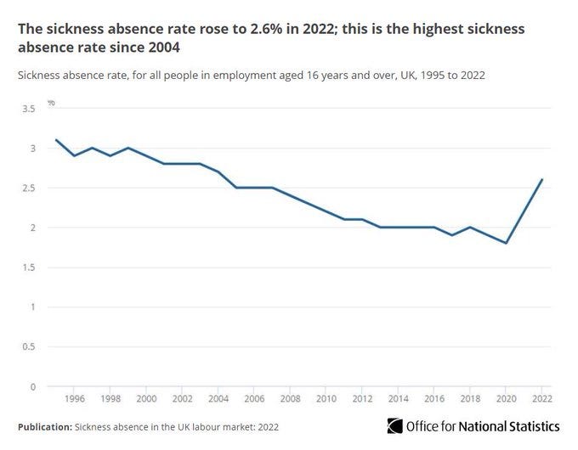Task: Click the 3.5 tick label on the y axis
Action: click(30, 110)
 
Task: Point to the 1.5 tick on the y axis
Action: click(30, 267)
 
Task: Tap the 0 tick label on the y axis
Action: click(33, 386)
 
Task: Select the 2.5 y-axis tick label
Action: click(30, 188)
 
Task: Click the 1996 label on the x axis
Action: click(74, 398)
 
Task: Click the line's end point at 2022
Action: click(542, 180)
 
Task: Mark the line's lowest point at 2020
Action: click(507, 243)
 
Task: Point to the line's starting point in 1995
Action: click(56, 140)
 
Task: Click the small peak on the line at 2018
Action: click(470, 228)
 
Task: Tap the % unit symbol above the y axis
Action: click(51, 103)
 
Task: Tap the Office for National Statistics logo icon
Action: click(394, 425)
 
